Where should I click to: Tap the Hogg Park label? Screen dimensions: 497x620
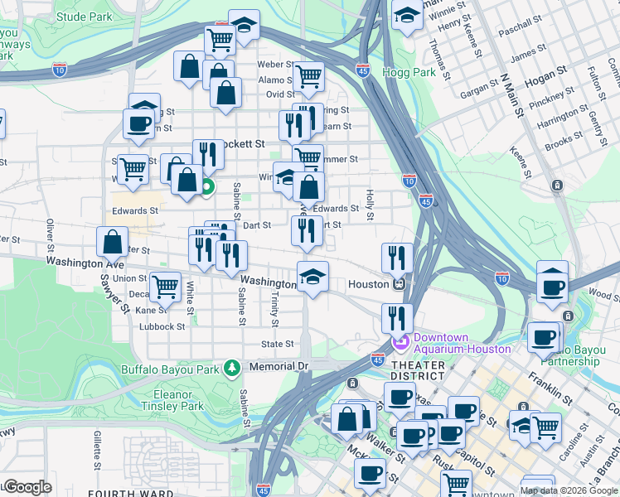pyautogui.click(x=409, y=72)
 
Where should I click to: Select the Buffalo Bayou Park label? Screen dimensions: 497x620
pyautogui.click(x=173, y=369)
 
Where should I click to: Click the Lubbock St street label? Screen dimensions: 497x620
pyautogui.click(x=162, y=327)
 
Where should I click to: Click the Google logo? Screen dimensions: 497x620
pyautogui.click(x=28, y=487)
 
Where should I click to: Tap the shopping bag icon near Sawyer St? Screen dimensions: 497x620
pyautogui.click(x=112, y=242)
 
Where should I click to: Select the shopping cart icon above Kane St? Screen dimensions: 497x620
pyautogui.click(x=166, y=287)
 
